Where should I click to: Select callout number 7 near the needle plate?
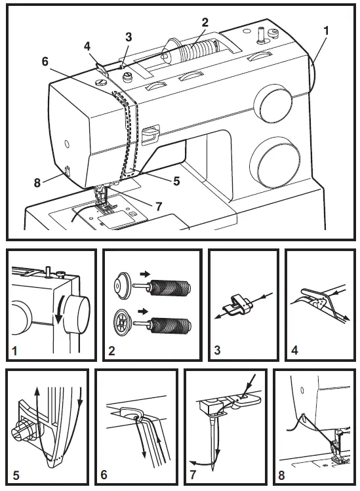click(x=158, y=206)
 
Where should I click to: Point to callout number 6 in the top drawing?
click(x=45, y=60)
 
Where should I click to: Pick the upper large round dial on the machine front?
click(x=270, y=101)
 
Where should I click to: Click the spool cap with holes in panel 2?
click(x=123, y=323)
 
